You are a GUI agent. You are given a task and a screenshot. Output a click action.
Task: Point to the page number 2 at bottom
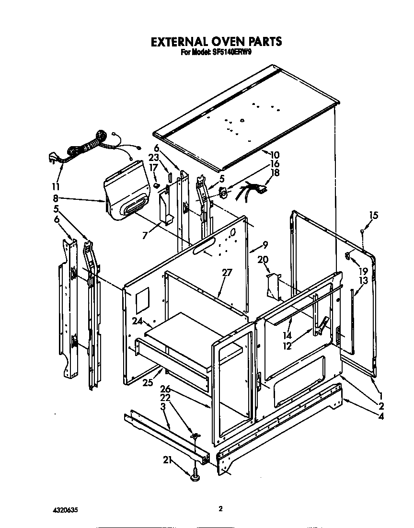220,509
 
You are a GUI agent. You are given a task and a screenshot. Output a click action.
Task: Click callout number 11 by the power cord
57,187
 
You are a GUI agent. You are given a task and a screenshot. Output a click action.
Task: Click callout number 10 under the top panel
275,155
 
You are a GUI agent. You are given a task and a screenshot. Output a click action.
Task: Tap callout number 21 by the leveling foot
167,461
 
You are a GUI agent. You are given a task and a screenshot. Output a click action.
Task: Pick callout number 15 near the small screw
373,215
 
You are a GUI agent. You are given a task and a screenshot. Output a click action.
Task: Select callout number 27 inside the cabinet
227,273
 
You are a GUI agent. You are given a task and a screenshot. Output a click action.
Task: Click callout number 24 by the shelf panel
138,321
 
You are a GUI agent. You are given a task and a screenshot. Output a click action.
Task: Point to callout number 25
147,382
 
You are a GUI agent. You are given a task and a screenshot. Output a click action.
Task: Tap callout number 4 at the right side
381,416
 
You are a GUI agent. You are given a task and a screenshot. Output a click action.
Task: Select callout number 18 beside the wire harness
275,173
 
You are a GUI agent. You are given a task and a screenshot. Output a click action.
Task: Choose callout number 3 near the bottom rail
163,407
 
